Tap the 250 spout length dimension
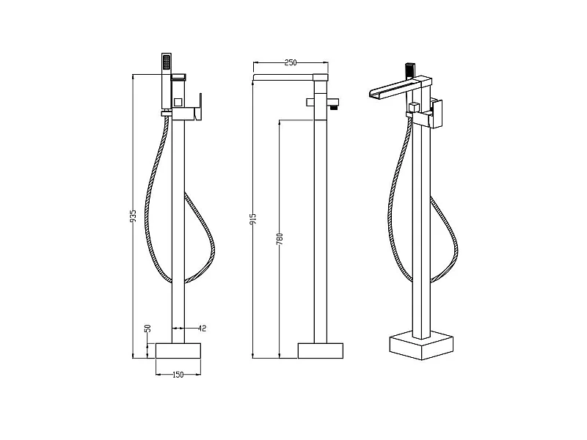[x=291, y=63]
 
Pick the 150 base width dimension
[x=178, y=375]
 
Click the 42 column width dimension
[x=201, y=329]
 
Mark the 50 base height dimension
[x=147, y=329]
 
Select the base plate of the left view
[x=178, y=351]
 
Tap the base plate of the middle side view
[x=320, y=351]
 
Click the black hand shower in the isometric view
[x=409, y=71]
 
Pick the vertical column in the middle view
[x=320, y=220]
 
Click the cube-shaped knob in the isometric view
[x=415, y=109]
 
